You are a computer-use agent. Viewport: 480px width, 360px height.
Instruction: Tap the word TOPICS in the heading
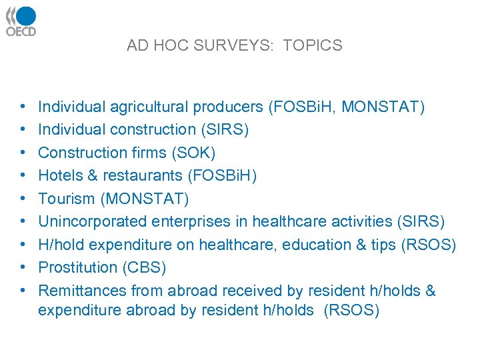pos(312,46)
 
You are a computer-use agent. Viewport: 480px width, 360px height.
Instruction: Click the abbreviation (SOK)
pos(193,153)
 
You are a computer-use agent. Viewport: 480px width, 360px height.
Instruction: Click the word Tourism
pos(64,199)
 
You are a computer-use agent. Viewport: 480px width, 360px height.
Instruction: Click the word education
pos(311,245)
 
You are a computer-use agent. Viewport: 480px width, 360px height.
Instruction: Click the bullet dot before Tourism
pos(23,199)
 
